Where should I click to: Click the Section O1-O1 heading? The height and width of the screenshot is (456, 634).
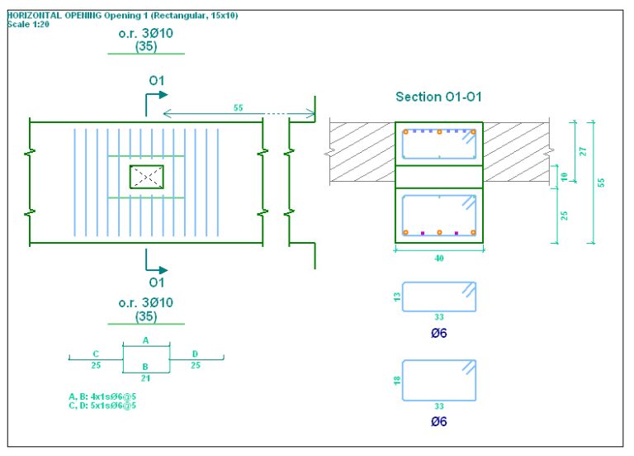coord(438,97)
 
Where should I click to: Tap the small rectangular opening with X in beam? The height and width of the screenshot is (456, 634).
coord(146,176)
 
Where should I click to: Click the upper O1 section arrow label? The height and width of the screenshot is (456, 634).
coord(156,80)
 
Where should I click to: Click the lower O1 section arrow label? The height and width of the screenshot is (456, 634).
coord(156,283)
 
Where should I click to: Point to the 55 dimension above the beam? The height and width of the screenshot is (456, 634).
coord(238,107)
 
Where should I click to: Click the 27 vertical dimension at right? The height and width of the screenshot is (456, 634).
coord(584,151)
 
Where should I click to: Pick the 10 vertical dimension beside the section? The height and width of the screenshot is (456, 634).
coord(564,177)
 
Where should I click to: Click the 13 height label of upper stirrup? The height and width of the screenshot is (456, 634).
coord(396,296)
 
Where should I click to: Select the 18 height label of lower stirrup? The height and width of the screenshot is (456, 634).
coord(396,380)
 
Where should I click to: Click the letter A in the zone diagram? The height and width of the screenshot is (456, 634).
coord(146,340)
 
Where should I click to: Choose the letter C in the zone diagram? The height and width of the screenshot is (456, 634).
coord(96,354)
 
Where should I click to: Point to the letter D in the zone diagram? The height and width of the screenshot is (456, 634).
coord(195,354)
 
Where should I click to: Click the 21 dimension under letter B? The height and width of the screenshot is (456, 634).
coord(146,378)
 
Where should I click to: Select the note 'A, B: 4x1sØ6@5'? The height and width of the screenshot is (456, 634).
coord(102,397)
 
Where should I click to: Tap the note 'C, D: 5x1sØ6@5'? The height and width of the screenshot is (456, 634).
coord(102,405)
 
